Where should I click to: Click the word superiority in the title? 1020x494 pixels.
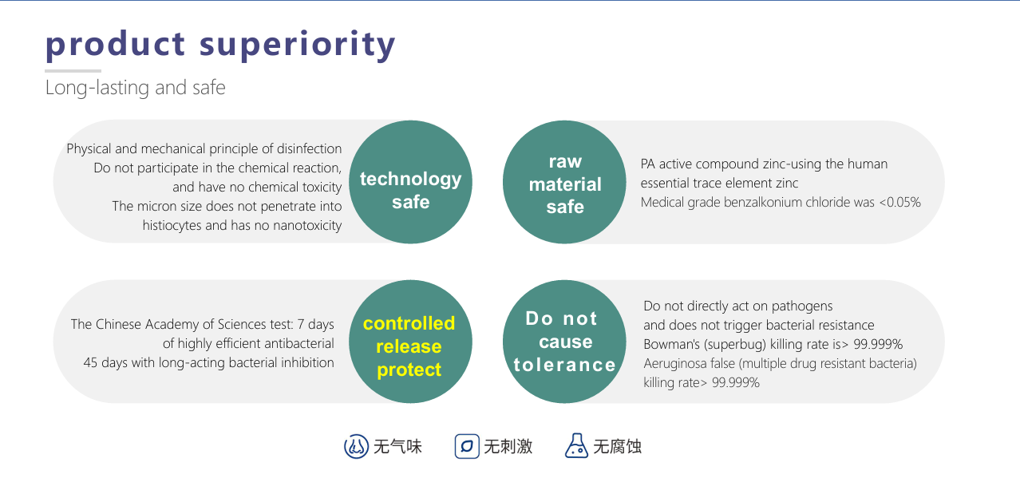click(298, 45)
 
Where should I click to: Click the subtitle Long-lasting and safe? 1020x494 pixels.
click(135, 88)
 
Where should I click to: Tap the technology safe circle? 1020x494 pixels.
click(410, 182)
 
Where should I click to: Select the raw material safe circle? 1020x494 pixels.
click(564, 182)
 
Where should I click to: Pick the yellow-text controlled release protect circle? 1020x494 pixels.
click(410, 342)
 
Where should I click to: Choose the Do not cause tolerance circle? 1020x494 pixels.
click(564, 342)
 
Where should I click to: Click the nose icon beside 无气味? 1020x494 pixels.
click(356, 446)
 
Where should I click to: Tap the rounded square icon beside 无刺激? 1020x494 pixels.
click(467, 446)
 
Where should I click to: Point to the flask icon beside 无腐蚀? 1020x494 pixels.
click(576, 446)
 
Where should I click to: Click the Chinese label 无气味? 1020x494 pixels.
click(397, 447)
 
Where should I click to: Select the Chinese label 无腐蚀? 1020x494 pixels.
click(617, 447)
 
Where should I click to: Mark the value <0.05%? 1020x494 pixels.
click(899, 202)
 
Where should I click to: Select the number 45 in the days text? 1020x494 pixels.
click(90, 363)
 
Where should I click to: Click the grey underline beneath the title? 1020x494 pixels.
click(73, 71)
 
